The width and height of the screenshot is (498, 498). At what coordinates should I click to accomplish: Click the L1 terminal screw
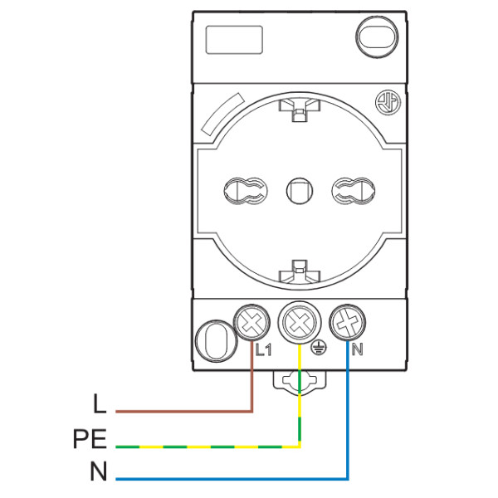[251, 321]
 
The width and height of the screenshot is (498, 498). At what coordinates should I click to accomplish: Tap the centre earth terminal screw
[298, 320]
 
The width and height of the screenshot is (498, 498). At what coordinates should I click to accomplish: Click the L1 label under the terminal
[263, 349]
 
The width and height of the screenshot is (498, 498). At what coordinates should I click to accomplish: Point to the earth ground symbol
[317, 350]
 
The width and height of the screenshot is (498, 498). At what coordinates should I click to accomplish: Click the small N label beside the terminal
[357, 349]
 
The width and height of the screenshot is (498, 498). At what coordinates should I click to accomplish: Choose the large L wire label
[100, 405]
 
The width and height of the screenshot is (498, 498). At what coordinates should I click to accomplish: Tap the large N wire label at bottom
[99, 473]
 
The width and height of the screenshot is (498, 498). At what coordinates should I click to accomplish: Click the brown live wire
[183, 410]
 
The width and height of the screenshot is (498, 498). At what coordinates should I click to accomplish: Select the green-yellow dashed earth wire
[207, 447]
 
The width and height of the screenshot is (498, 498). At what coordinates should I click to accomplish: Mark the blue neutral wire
[232, 478]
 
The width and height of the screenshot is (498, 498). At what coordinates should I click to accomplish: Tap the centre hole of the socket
[296, 191]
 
